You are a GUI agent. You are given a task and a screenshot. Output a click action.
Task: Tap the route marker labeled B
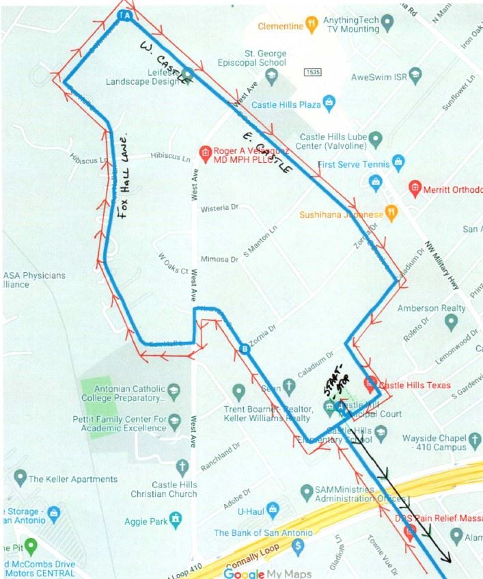click(244, 351)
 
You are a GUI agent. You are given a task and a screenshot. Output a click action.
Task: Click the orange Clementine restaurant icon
click(312, 26)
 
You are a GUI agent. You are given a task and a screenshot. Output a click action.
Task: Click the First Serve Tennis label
click(355, 165)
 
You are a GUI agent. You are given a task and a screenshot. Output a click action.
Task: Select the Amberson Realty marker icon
click(451, 322)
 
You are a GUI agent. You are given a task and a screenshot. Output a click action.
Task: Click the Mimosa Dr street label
click(219, 260)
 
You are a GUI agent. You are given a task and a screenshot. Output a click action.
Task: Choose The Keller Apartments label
click(72, 479)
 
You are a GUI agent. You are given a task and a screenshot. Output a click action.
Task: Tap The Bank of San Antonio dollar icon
click(297, 546)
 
